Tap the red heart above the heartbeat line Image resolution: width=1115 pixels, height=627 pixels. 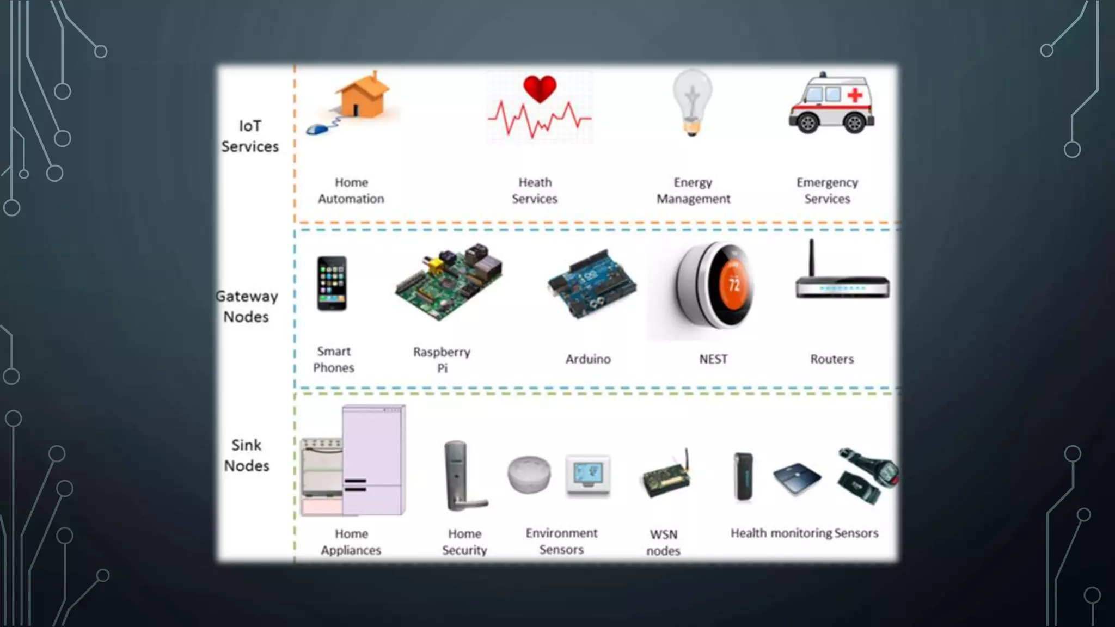pyautogui.click(x=540, y=89)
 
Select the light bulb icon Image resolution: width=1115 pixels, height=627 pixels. pyautogui.click(x=692, y=101)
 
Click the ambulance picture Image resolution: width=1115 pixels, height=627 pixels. pyautogui.click(x=831, y=104)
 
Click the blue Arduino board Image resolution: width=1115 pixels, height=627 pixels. pyautogui.click(x=592, y=284)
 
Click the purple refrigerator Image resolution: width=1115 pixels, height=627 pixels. pyautogui.click(x=373, y=460)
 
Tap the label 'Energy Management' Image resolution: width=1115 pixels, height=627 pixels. pyautogui.click(x=693, y=190)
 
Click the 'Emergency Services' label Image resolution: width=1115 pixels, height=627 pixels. pyautogui.click(x=827, y=190)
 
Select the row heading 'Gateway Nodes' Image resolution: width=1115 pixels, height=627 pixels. pyautogui.click(x=247, y=306)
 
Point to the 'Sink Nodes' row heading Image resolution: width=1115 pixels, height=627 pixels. pyautogui.click(x=247, y=456)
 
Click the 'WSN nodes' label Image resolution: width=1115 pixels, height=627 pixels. pyautogui.click(x=663, y=542)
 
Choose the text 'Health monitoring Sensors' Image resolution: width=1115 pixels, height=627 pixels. pyautogui.click(x=804, y=533)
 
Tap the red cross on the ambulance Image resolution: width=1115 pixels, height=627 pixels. pyautogui.click(x=855, y=95)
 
